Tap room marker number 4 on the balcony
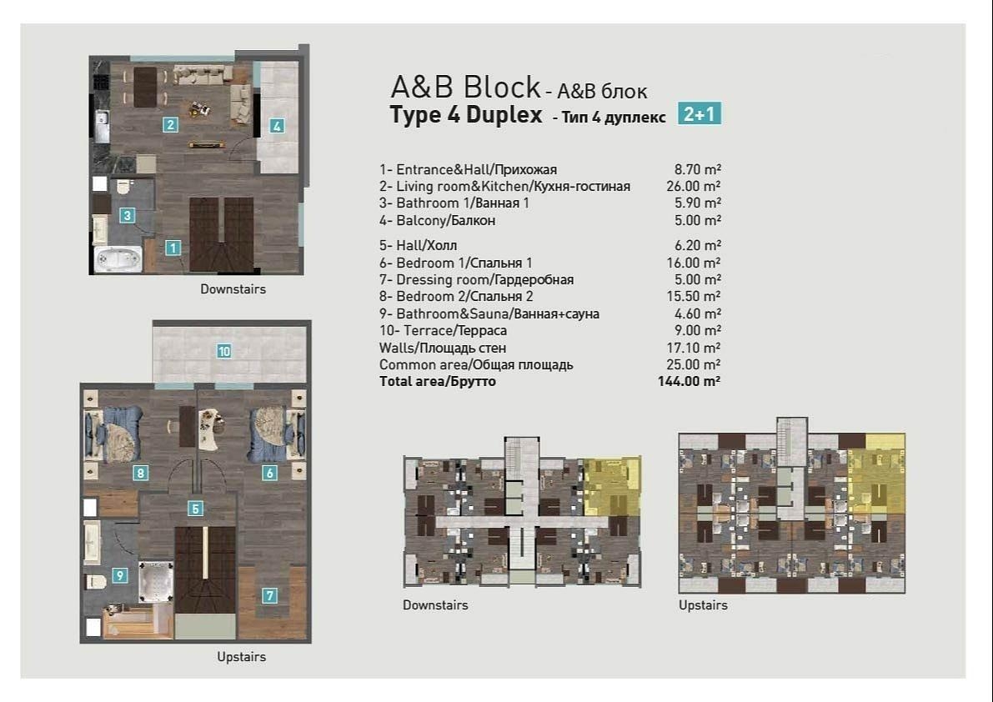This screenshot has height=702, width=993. click(x=277, y=127)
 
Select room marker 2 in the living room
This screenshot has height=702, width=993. click(x=170, y=126)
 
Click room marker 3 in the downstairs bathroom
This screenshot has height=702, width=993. click(x=127, y=215)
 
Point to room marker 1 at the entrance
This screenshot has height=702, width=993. click(x=173, y=247)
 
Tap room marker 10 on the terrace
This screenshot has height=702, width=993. click(x=223, y=351)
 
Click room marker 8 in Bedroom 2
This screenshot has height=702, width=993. click(x=140, y=474)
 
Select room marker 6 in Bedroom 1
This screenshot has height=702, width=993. click(x=269, y=474)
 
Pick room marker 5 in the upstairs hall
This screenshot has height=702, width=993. click(x=195, y=509)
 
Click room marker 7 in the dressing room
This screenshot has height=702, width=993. click(x=269, y=595)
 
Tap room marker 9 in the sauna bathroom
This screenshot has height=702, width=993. click(x=120, y=574)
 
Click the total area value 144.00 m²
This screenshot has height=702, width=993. click(x=689, y=382)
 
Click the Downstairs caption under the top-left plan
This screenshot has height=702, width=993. click(x=233, y=289)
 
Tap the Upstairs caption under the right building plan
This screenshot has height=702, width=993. click(x=703, y=605)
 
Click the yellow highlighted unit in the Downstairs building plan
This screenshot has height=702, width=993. click(x=611, y=485)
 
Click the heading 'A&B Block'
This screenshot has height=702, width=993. click(x=466, y=88)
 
